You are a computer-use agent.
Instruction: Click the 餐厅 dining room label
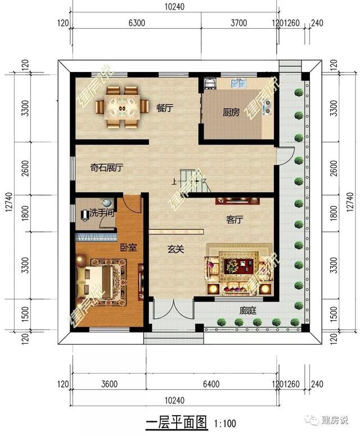[164, 109]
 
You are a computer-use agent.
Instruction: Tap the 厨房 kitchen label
[231, 113]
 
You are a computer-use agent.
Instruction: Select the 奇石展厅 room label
[107, 167]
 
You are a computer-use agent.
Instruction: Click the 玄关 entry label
[175, 249]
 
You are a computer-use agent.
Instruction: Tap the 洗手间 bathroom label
[102, 213]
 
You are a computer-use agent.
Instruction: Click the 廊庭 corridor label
[247, 310]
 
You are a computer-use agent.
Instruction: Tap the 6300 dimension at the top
[137, 23]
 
